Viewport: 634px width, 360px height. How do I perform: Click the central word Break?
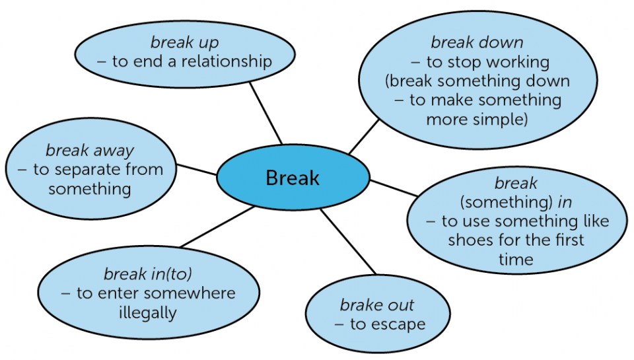click(x=293, y=178)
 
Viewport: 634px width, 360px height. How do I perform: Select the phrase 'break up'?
click(x=185, y=42)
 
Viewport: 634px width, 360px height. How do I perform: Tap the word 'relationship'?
click(x=227, y=61)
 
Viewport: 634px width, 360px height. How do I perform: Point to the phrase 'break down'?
click(x=477, y=42)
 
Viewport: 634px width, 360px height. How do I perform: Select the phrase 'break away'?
click(x=90, y=151)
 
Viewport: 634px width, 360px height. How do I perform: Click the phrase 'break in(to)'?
click(x=148, y=274)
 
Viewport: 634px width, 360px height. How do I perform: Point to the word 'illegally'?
click(x=148, y=312)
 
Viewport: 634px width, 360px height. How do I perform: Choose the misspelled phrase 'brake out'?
click(x=377, y=305)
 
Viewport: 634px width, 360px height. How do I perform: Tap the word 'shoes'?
click(x=470, y=240)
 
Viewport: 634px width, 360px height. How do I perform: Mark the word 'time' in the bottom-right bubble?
click(x=516, y=260)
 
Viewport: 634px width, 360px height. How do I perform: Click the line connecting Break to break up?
click(x=265, y=113)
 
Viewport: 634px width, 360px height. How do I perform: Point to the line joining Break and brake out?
click(x=348, y=242)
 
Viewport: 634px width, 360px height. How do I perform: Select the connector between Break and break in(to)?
click(x=217, y=227)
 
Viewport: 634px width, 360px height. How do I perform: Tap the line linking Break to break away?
click(x=197, y=170)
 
